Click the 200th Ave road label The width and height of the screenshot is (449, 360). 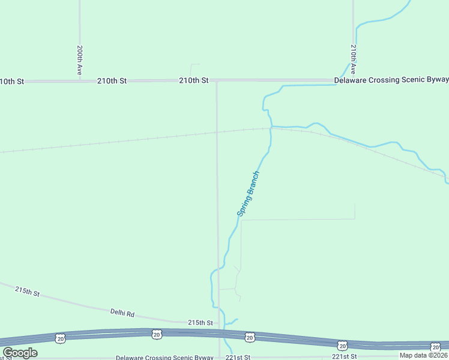point(79,60)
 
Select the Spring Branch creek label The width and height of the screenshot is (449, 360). point(248,194)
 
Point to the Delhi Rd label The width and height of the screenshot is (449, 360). point(122,313)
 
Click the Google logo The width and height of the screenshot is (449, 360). point(20,353)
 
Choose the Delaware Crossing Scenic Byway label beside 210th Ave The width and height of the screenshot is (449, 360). point(391,80)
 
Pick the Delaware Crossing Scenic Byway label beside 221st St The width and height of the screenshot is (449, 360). point(164,358)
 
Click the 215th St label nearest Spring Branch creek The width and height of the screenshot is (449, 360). point(200,323)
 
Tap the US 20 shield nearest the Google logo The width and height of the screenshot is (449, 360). point(61,339)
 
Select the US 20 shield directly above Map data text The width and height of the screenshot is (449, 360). point(435,346)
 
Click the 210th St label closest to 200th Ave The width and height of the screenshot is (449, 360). point(112,80)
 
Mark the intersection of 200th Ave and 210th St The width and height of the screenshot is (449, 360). point(79,80)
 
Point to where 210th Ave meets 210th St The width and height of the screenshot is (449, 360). point(354,80)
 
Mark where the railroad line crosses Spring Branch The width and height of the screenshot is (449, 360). point(271,128)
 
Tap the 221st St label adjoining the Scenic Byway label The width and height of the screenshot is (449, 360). point(237,357)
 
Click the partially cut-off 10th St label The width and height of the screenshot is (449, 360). point(11,81)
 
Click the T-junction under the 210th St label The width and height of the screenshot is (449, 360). point(217,80)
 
